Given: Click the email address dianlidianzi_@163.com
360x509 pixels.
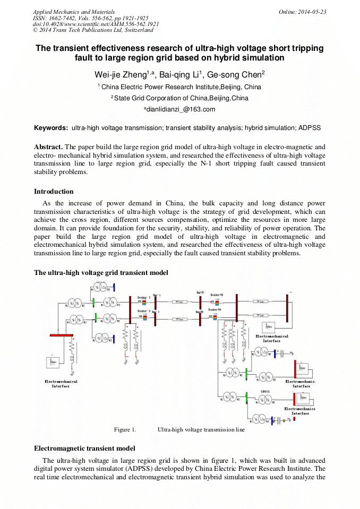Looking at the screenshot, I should [180, 109].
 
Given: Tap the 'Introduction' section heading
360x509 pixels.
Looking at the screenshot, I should [54, 192].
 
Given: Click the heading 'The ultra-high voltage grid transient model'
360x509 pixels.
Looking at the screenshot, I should [101, 273].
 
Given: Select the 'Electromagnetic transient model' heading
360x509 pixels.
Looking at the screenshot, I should [84, 448].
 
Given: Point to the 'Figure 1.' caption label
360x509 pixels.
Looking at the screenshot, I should [125, 429].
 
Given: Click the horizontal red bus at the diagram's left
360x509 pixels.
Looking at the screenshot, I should [61, 335].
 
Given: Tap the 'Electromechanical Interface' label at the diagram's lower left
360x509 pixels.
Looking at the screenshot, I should [61, 384].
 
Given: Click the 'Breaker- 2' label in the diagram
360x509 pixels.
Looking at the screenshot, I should [144, 297].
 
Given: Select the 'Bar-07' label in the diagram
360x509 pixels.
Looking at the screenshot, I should [200, 292].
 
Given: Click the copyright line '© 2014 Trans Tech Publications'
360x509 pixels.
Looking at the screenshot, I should [93, 30].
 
